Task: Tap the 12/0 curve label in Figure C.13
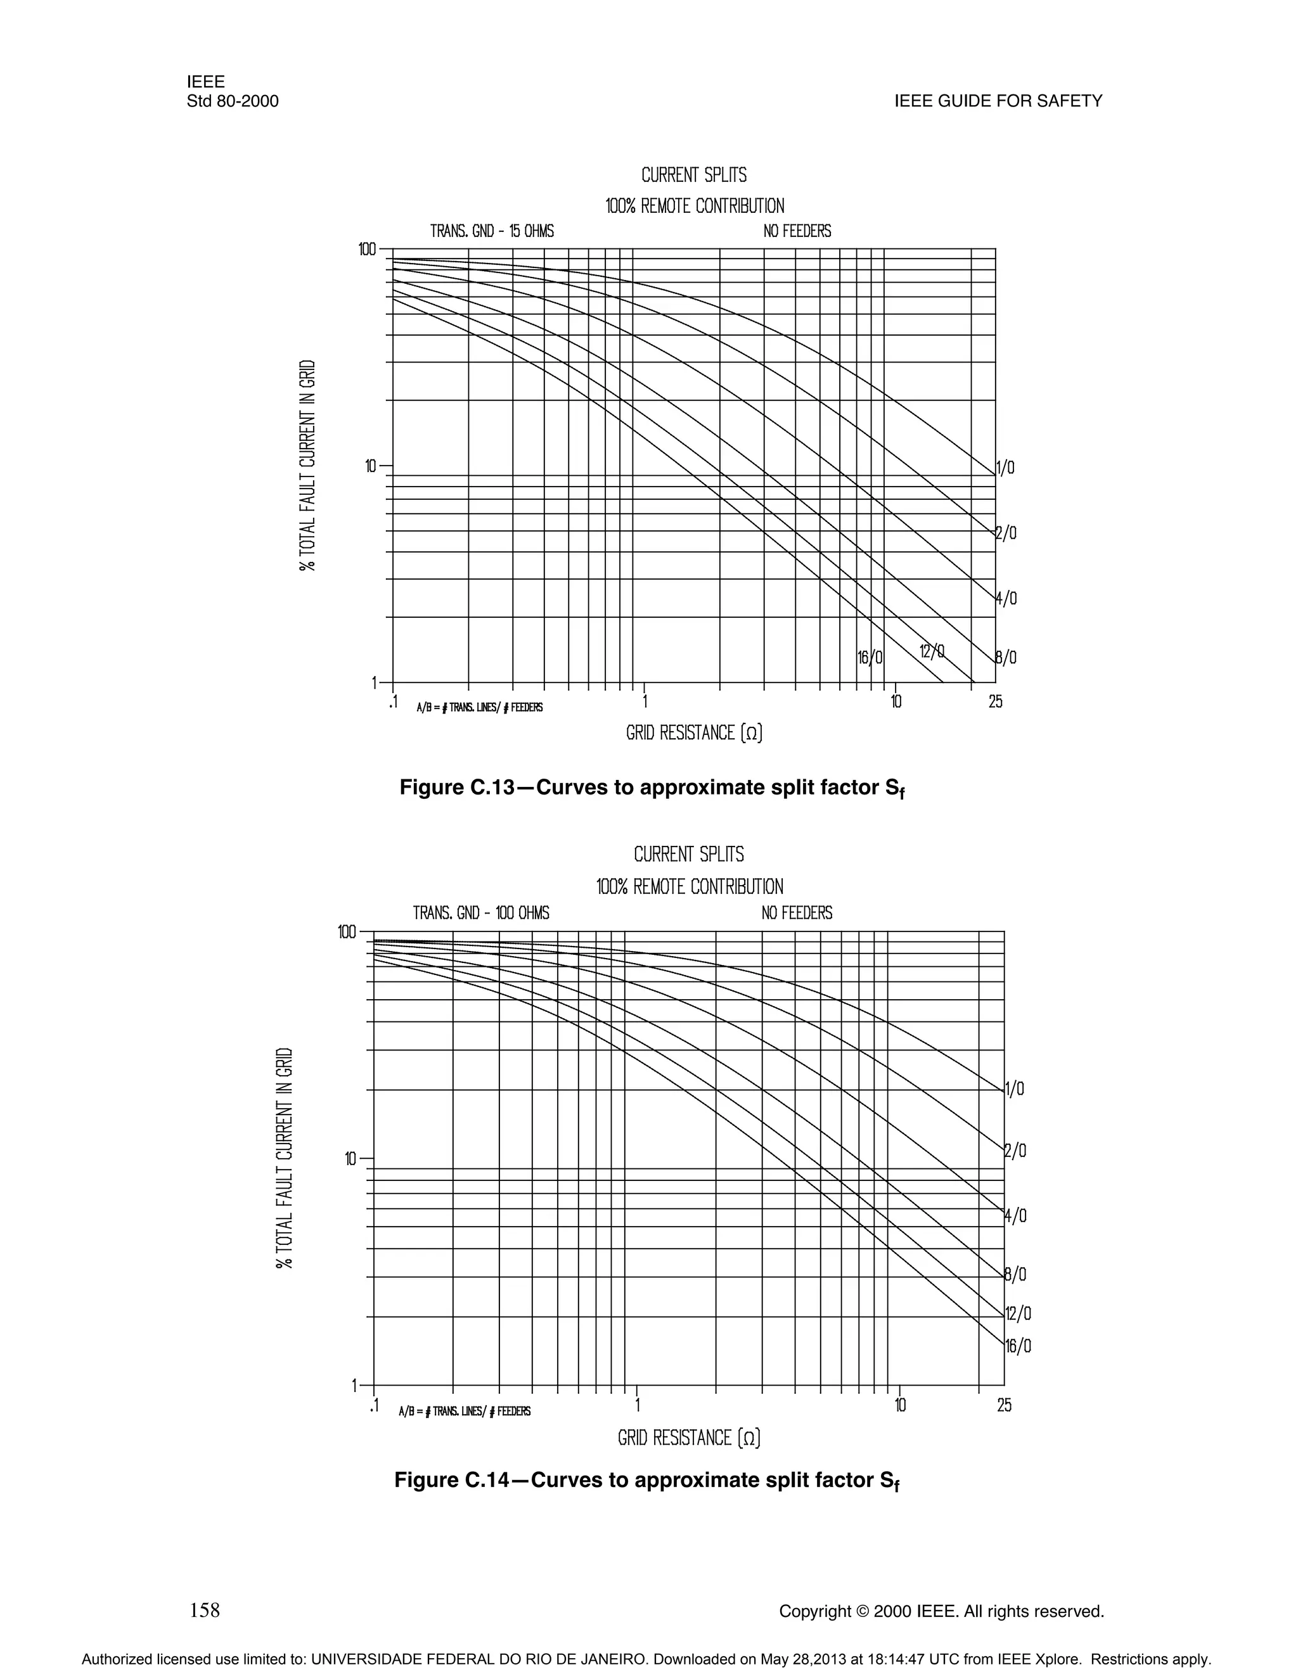tap(932, 652)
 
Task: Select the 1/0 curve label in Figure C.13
tap(1006, 468)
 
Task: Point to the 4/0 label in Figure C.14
tap(1016, 1216)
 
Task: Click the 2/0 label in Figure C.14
tap(1016, 1151)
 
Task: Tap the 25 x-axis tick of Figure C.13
tap(995, 702)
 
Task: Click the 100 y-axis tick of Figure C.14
tap(347, 933)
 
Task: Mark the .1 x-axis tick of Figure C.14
tap(374, 1406)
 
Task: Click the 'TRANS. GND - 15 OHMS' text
tap(491, 231)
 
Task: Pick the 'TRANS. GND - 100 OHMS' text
tap(480, 913)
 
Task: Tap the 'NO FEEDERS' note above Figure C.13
tap(797, 231)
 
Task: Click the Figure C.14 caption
tap(646, 1481)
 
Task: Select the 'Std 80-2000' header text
tap(232, 101)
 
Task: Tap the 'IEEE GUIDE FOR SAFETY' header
tap(998, 101)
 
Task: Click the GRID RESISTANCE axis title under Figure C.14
tap(689, 1438)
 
